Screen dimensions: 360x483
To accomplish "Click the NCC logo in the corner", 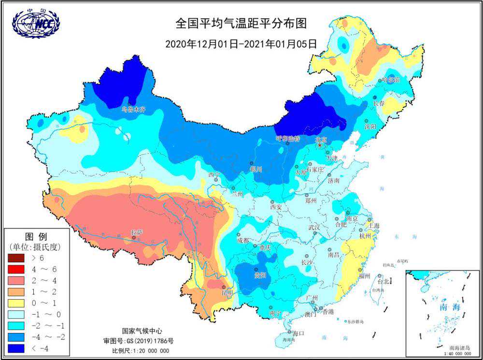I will tap(36, 22).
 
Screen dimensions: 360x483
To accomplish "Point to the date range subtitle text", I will tap(241, 43).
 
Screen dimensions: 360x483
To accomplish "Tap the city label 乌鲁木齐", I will tap(133, 110).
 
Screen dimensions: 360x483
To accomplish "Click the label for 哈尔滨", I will tap(390, 80).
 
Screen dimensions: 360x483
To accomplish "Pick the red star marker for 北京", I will tap(319, 145).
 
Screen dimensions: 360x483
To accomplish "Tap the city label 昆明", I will tap(227, 292).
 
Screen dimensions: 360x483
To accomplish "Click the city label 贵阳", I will tap(260, 275).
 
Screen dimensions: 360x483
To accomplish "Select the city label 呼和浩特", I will tap(288, 139).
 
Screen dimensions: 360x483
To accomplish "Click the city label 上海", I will tap(373, 226).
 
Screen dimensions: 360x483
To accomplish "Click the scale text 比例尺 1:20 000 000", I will tap(141, 351).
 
